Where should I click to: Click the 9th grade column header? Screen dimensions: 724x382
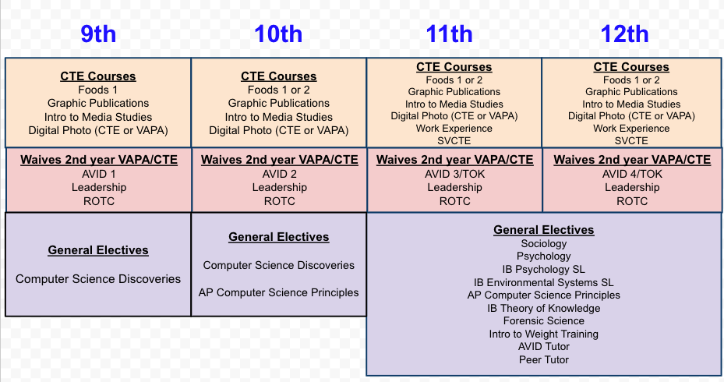[98, 34]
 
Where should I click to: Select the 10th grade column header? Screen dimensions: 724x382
[278, 34]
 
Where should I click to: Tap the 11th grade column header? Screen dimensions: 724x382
[449, 34]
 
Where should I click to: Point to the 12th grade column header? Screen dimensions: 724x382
[624, 34]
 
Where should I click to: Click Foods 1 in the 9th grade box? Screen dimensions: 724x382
[98, 90]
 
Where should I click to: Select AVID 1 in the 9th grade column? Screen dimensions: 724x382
[98, 174]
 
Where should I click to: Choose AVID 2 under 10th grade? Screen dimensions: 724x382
[279, 174]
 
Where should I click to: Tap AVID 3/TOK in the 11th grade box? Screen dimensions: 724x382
[455, 174]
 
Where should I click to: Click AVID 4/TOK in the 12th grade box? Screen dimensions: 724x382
[632, 174]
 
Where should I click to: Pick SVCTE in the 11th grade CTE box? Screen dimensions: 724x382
[454, 141]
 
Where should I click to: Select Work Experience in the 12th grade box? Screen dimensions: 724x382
[631, 129]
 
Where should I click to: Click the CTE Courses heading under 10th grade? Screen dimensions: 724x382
[279, 76]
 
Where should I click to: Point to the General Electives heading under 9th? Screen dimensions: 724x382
[98, 250]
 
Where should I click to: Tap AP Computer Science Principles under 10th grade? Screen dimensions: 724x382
[279, 292]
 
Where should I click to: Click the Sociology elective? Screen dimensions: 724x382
[544, 243]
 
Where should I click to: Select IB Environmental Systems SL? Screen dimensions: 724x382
[544, 282]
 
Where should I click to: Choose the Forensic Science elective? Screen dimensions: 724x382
[544, 320]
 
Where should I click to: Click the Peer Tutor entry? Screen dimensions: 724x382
[544, 359]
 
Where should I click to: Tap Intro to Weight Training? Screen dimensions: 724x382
[544, 334]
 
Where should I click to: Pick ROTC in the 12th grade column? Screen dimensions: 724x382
[632, 200]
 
